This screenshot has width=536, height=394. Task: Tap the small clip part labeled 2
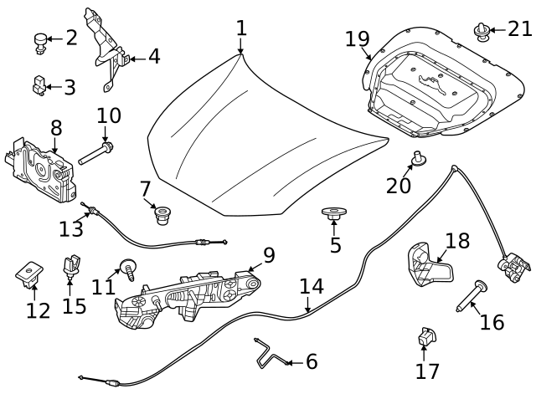[39, 41]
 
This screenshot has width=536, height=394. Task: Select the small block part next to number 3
[39, 84]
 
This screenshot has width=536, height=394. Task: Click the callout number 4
[153, 57]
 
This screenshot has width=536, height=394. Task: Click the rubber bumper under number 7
[161, 217]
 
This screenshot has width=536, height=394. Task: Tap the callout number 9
[268, 254]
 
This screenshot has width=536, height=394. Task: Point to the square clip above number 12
[30, 272]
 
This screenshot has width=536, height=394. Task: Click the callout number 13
[71, 228]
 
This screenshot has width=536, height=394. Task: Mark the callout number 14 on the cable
[311, 287]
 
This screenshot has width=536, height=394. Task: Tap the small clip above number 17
[425, 336]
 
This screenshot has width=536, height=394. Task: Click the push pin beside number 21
[482, 33]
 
